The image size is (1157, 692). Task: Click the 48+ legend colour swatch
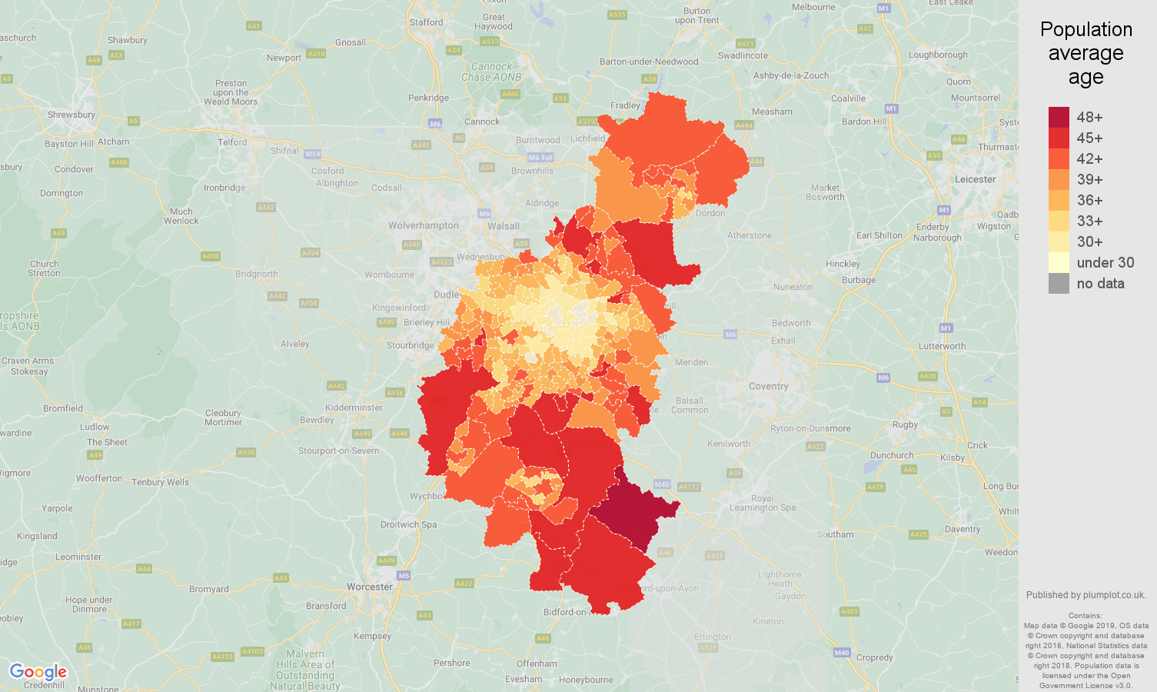pyautogui.click(x=1059, y=117)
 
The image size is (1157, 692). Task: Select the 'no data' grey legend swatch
pyautogui.click(x=1059, y=283)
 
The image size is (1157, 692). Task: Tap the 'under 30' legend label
pyautogui.click(x=1105, y=262)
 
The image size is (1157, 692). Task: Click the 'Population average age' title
pyautogui.click(x=1086, y=53)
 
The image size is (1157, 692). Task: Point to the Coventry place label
pyautogui.click(x=768, y=386)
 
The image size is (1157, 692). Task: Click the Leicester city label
pyautogui.click(x=975, y=179)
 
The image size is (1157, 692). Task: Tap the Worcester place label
pyautogui.click(x=369, y=587)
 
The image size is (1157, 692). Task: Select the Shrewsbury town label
pyautogui.click(x=71, y=115)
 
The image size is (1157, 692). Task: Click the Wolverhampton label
pyautogui.click(x=423, y=225)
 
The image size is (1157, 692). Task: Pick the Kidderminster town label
pyautogui.click(x=354, y=408)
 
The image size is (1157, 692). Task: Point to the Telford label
pyautogui.click(x=232, y=142)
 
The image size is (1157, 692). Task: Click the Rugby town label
pyautogui.click(x=905, y=424)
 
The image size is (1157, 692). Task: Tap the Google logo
pyautogui.click(x=38, y=672)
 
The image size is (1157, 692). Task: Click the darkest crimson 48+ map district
pyautogui.click(x=634, y=511)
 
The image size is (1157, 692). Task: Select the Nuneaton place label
pyautogui.click(x=793, y=287)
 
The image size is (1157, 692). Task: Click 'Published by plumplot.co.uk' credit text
pyautogui.click(x=1086, y=594)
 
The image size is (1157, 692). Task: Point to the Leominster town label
pyautogui.click(x=78, y=557)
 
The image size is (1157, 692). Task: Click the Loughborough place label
pyautogui.click(x=938, y=55)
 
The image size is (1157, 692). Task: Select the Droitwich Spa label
pyautogui.click(x=408, y=524)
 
